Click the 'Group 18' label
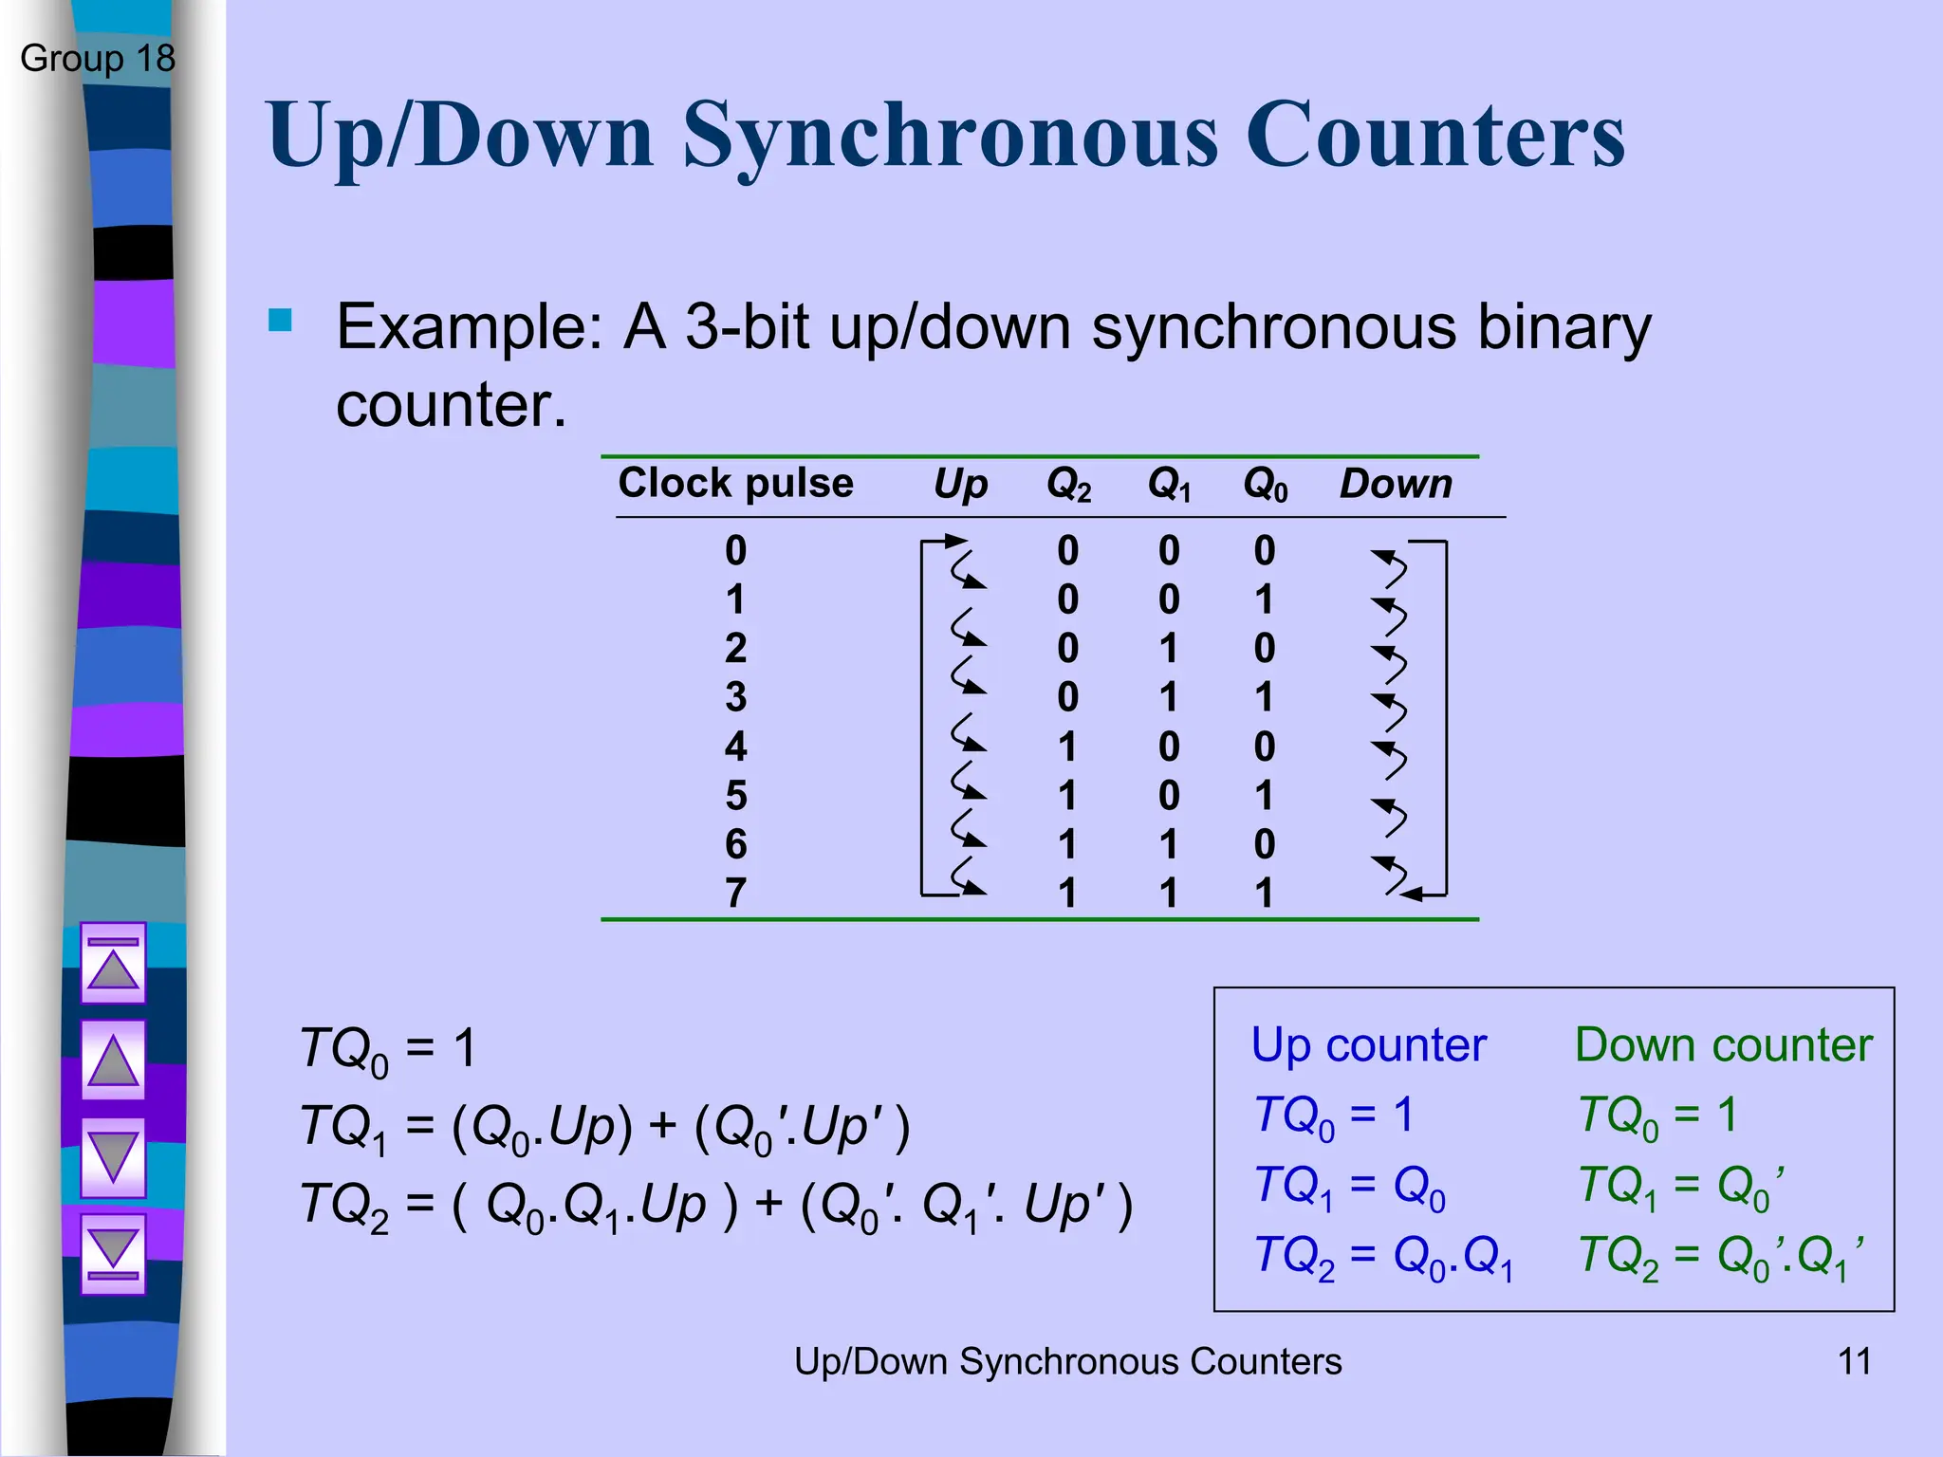pos(98,59)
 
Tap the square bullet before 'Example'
pos(280,320)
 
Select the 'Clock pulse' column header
pos(735,484)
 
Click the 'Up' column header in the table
pos(960,485)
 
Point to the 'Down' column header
pos(1396,485)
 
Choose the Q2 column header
pos(1068,485)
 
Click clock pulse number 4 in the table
pos(736,747)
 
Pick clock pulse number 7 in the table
pos(736,893)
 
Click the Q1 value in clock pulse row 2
pos(1169,649)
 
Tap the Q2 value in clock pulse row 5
pos(1068,796)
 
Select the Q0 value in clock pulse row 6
pos(1265,844)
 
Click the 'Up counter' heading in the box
pos(1368,1045)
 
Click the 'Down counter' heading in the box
pos(1723,1045)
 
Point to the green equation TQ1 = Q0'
pos(1681,1186)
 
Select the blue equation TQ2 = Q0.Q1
pos(1383,1258)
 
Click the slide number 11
pos(1855,1361)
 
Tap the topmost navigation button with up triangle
pos(113,963)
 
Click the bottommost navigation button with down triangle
pos(113,1253)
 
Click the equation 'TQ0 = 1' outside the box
pos(387,1050)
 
